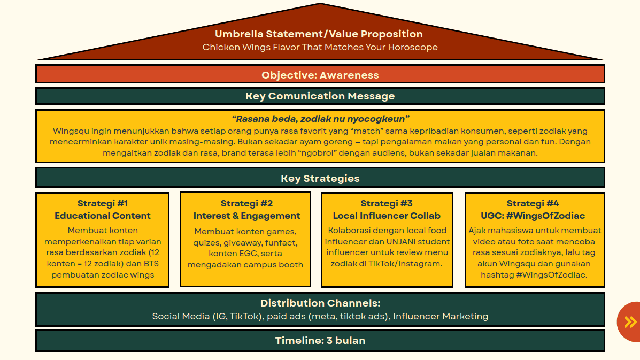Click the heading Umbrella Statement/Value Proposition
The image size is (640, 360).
pos(319,34)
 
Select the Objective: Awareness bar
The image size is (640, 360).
pos(320,75)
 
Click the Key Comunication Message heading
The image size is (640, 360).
pos(320,96)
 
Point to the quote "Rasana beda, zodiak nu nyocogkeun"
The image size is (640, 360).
pos(320,119)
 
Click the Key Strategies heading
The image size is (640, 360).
pos(320,179)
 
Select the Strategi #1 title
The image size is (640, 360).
pos(102,203)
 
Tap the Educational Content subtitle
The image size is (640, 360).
pos(102,216)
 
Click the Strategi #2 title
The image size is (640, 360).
pos(246,203)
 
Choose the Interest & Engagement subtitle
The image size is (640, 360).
pos(246,216)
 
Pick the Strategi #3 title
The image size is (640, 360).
pos(387,203)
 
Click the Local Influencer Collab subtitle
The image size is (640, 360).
pos(387,216)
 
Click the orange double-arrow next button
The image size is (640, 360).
pos(630,321)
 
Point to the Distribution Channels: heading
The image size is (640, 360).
pos(320,303)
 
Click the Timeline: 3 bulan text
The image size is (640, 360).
pos(320,341)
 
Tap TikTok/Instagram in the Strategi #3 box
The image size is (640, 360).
pos(408,264)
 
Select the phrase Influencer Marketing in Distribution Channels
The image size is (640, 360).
pos(440,316)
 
